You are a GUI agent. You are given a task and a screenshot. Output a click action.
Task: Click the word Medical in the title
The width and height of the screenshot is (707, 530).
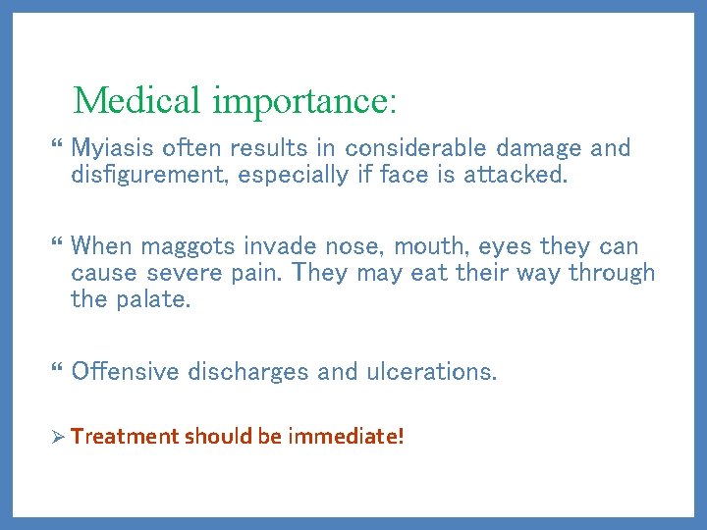(x=138, y=100)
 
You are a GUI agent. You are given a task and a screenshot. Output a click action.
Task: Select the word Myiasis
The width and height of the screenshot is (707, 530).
(x=109, y=149)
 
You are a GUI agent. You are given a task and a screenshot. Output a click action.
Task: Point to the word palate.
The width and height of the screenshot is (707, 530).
(x=159, y=298)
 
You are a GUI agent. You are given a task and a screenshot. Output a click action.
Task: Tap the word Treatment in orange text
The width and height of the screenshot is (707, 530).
(x=125, y=436)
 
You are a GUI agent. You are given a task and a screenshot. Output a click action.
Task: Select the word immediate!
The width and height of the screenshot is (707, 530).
(x=346, y=436)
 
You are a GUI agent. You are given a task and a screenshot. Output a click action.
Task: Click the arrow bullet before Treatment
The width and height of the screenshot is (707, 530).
(x=57, y=436)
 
